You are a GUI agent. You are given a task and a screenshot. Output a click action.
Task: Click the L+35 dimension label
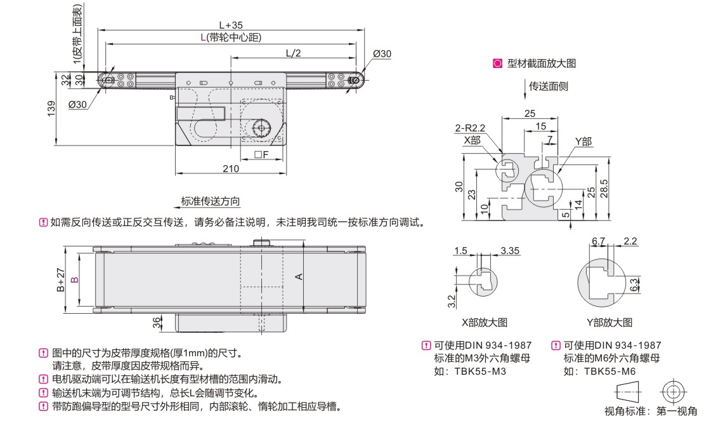[231, 25]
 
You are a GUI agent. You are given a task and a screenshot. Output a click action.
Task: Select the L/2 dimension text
[293, 53]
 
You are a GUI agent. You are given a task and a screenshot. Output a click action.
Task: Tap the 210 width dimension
[231, 168]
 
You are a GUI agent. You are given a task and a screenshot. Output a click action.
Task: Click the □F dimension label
[261, 154]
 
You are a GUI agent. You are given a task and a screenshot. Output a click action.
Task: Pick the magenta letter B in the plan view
[74, 279]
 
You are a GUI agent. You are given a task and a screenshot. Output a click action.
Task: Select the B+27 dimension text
[61, 279]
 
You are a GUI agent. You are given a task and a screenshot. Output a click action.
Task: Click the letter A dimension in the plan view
[299, 276]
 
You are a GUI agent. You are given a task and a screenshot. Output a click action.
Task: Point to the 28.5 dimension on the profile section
[605, 188]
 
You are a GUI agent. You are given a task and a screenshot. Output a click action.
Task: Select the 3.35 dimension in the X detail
[509, 251]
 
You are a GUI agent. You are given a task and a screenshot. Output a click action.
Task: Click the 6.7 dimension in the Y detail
[598, 241]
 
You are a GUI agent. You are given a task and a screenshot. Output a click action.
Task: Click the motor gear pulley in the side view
[261, 129]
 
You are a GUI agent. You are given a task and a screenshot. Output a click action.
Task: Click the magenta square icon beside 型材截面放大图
[497, 64]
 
